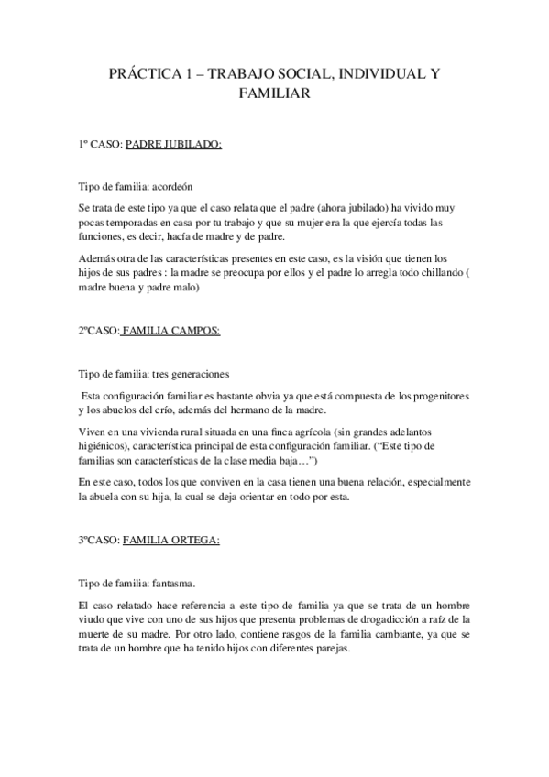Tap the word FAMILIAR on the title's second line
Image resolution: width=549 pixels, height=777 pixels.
click(x=274, y=93)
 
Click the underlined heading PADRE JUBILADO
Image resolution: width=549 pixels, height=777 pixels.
click(x=173, y=144)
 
